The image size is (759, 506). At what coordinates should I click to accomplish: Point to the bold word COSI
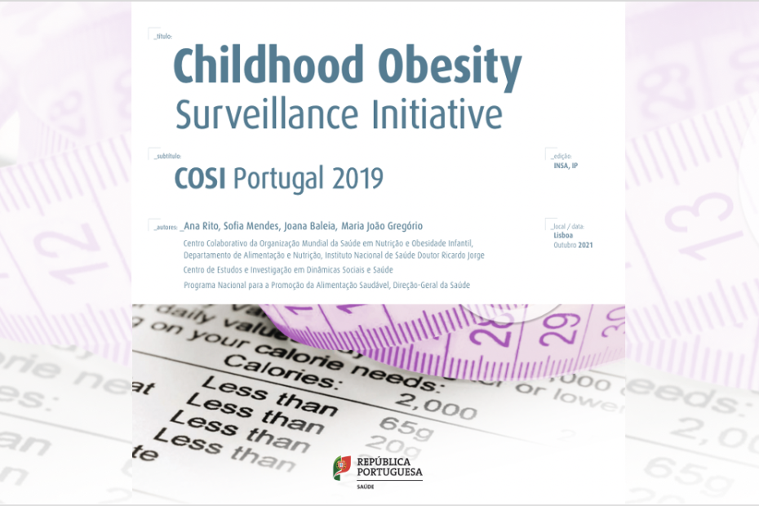pos(202,178)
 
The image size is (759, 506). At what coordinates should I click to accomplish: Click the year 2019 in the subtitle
pos(357,178)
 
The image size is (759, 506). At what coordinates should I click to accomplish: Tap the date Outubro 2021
pos(573,244)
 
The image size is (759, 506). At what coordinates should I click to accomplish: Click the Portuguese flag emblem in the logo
pos(342,468)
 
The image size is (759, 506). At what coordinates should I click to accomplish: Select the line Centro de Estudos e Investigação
pos(288,269)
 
